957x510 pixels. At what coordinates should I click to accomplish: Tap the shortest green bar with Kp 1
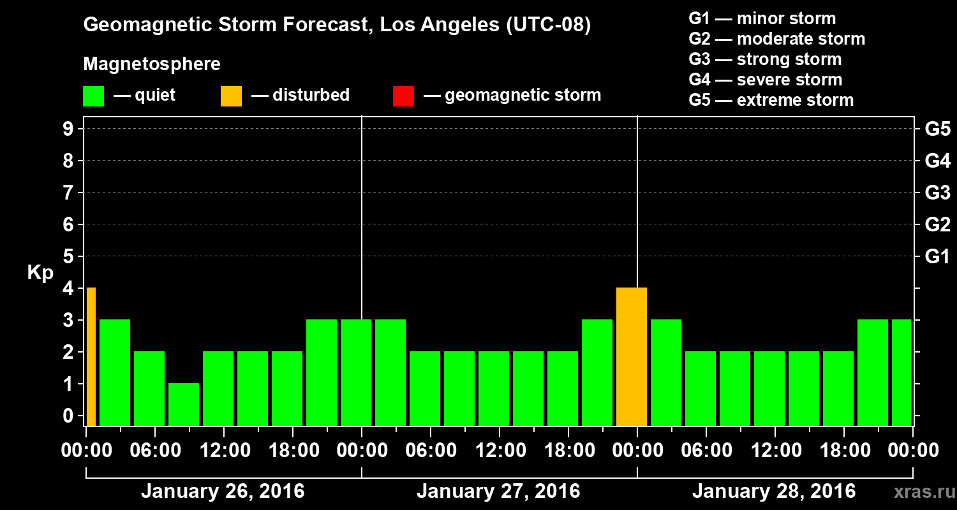click(x=184, y=404)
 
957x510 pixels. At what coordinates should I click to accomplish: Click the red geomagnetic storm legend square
click(x=403, y=96)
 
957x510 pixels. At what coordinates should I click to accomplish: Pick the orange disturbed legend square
click(x=231, y=96)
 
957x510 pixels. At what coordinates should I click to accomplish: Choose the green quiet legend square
click(x=93, y=96)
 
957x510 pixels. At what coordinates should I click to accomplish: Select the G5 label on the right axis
click(x=937, y=129)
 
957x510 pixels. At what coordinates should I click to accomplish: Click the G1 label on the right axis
click(x=937, y=256)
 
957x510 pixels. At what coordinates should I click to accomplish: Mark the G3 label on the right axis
click(x=937, y=193)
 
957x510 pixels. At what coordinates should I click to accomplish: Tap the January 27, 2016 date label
click(x=498, y=492)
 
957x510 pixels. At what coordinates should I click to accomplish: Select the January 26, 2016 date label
click(x=223, y=492)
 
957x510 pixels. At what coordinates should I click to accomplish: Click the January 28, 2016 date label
click(x=774, y=492)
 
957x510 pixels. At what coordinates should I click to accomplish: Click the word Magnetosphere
click(x=152, y=64)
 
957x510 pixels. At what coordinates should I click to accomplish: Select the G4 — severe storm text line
click(x=766, y=80)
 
